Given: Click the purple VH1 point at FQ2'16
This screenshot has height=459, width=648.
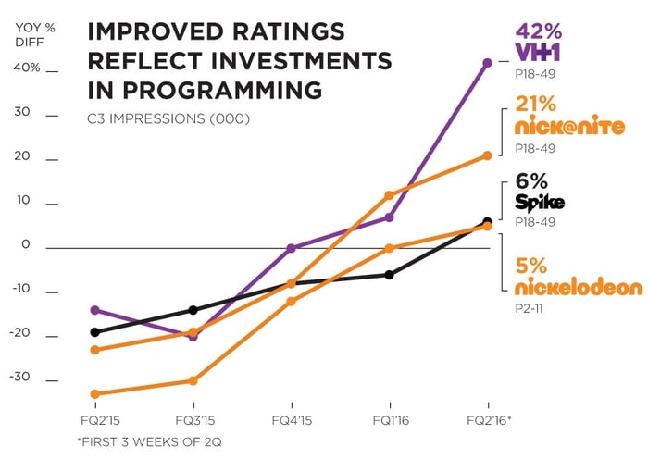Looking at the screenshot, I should pyautogui.click(x=488, y=63).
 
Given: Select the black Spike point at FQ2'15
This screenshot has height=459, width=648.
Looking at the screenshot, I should pyautogui.click(x=94, y=332).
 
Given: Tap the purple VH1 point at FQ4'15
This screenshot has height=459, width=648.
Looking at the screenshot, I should pyautogui.click(x=292, y=248).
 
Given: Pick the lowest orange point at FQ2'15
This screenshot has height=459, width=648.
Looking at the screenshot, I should pyautogui.click(x=94, y=394).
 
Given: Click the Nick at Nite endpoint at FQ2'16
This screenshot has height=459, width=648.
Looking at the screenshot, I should pyautogui.click(x=488, y=155).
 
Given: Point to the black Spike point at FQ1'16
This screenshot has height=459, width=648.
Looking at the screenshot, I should pyautogui.click(x=390, y=275).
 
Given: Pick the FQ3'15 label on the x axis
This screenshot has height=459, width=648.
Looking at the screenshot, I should pyautogui.click(x=193, y=419).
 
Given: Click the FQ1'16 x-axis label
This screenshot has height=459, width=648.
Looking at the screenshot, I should pyautogui.click(x=390, y=419).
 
